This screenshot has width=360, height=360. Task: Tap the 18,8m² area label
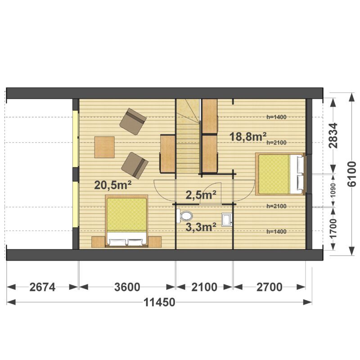pos(248,137)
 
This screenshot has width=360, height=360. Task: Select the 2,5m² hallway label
pos(201,195)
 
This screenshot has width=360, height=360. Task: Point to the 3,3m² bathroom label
pos(201,227)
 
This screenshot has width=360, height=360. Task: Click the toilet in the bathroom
pos(184,216)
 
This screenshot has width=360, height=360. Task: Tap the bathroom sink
pos(227,220)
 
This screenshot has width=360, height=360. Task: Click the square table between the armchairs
pos(104,147)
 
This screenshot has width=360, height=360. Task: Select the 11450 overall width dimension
pos(159,302)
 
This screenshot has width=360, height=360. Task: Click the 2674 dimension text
pos(42,287)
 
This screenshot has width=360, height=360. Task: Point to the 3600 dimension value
pos(127,287)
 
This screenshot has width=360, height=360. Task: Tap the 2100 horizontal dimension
pos(204,287)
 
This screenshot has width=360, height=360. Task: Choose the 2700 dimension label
pos(269,287)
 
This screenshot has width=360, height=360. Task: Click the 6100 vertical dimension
pos(352,174)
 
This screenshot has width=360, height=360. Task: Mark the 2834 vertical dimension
pos(333,136)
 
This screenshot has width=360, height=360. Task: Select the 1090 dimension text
pos(333,190)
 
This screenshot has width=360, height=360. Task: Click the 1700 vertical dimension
pos(333,229)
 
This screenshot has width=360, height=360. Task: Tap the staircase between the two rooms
pos(188,136)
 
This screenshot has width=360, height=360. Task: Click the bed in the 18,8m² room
pos(280,174)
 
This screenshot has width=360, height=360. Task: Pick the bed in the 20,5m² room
pos(126,221)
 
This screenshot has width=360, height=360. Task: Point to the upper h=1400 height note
pos(276,117)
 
